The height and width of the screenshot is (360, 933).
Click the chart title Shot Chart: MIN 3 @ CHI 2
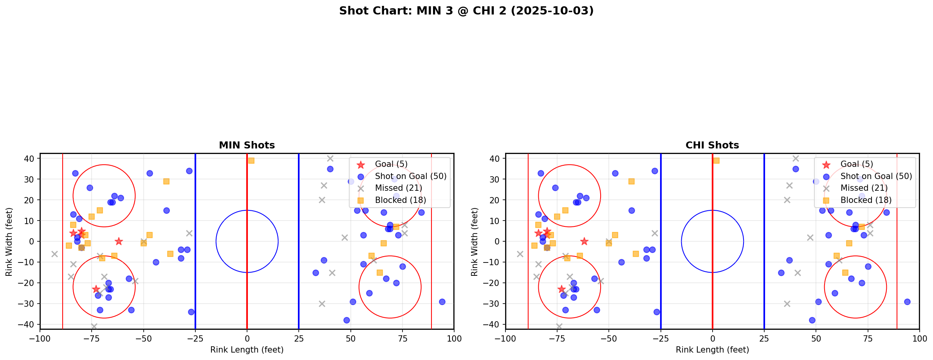(x=466, y=11)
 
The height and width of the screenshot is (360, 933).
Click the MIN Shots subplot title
(x=247, y=145)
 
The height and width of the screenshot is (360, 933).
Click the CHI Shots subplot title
(x=712, y=145)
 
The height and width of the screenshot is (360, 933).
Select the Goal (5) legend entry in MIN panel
(x=391, y=164)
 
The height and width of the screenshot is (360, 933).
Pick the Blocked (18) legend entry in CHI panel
(x=866, y=200)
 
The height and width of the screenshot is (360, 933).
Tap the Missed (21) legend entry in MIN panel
(x=398, y=188)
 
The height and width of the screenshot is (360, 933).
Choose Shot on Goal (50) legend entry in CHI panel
(x=876, y=176)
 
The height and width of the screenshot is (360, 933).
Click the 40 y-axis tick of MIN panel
(x=29, y=159)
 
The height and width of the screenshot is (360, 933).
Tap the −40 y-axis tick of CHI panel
(x=492, y=324)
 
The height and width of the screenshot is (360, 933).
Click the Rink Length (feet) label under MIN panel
(x=247, y=350)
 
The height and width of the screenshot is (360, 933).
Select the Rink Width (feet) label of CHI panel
(x=475, y=241)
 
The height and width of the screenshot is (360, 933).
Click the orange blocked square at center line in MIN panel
(x=251, y=161)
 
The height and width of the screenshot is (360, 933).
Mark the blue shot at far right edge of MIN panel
(x=442, y=302)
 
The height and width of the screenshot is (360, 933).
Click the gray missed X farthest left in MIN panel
(x=54, y=254)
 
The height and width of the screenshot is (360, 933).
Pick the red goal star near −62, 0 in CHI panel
(x=584, y=241)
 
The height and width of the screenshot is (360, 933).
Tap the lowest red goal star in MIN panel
(x=96, y=289)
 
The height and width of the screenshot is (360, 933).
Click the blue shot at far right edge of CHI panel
(x=907, y=302)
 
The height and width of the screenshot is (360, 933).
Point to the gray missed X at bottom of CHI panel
(x=559, y=326)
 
